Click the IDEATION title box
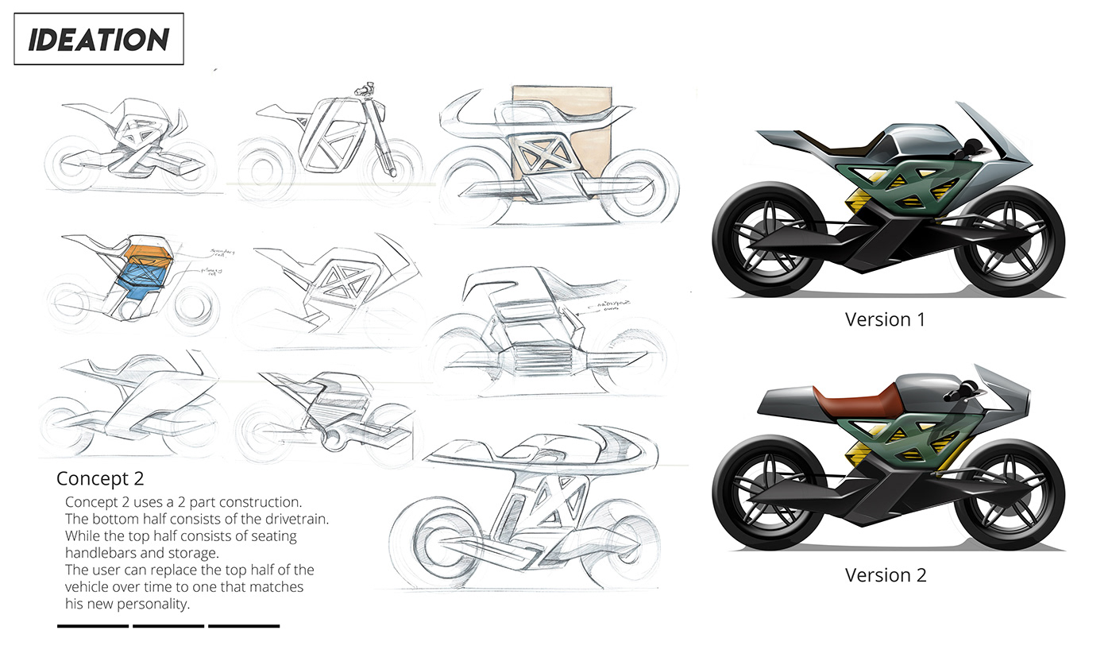(98, 39)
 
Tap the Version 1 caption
(885, 319)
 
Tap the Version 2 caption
(885, 574)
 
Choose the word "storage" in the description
(195, 553)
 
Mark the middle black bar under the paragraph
(168, 626)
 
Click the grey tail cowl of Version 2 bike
(794, 401)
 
